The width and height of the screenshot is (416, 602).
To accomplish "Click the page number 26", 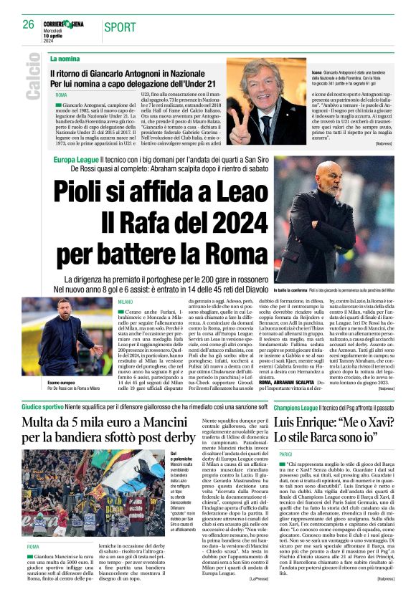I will [29, 24].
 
